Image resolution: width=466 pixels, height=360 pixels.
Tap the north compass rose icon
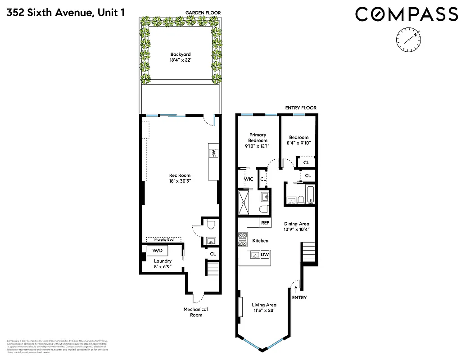(409, 40)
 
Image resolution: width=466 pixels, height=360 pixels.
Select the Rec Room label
(180, 179)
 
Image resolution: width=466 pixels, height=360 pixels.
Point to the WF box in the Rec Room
(214, 153)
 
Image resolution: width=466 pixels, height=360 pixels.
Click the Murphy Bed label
(163, 239)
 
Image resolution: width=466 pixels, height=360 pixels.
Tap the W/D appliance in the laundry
(157, 250)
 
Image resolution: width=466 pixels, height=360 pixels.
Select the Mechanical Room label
(195, 312)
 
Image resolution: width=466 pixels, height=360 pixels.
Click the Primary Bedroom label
(257, 140)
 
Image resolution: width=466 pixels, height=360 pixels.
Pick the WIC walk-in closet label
(249, 179)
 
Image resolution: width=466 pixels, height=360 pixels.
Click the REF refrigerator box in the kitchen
(265, 223)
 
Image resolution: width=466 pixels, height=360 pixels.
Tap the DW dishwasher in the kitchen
(265, 255)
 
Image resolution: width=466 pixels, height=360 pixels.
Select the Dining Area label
(296, 227)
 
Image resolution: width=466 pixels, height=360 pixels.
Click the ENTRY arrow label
(299, 297)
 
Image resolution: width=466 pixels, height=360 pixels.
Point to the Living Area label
(264, 308)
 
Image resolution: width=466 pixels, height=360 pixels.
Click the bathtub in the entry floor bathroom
(309, 194)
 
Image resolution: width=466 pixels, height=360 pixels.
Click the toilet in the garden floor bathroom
(211, 224)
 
